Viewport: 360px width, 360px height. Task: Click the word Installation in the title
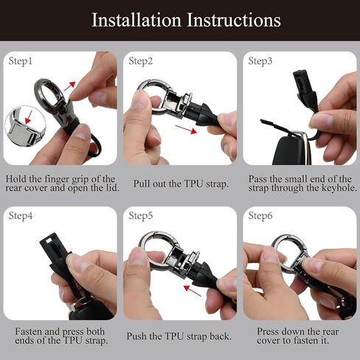pyautogui.click(x=136, y=20)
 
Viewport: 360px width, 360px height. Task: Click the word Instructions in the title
pyautogui.click(x=234, y=20)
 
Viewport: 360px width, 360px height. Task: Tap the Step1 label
pyautogui.click(x=21, y=61)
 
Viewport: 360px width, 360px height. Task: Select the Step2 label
pyautogui.click(x=141, y=61)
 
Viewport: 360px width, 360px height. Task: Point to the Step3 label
pyautogui.click(x=260, y=61)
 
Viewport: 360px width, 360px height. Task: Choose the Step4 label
pyautogui.click(x=21, y=216)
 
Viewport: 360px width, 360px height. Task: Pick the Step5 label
pyautogui.click(x=141, y=216)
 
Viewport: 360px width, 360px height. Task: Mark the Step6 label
pyautogui.click(x=260, y=216)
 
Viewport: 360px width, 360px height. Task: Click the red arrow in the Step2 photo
pyautogui.click(x=186, y=129)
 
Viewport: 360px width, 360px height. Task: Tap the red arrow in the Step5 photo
pyautogui.click(x=193, y=291)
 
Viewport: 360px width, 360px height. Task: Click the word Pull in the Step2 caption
pyautogui.click(x=142, y=184)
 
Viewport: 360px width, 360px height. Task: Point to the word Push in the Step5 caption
pyautogui.click(x=136, y=336)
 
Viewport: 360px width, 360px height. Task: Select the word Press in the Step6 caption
pyautogui.click(x=268, y=331)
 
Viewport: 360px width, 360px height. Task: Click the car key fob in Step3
pyautogui.click(x=290, y=150)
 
